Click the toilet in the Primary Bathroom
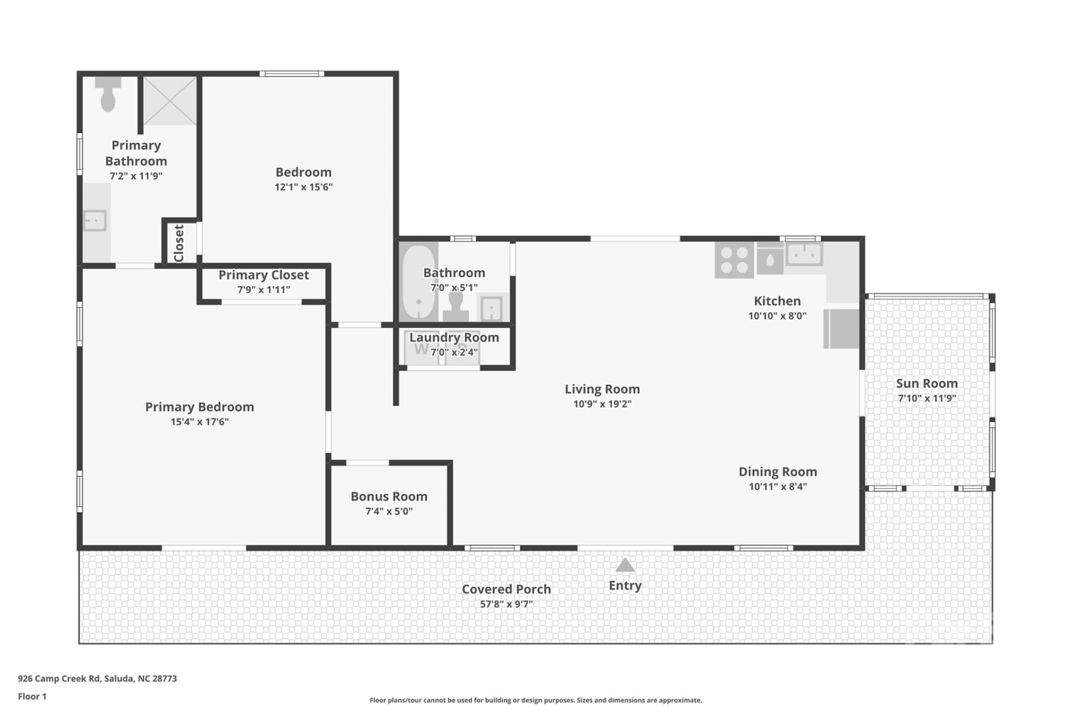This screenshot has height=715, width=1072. coord(108,96)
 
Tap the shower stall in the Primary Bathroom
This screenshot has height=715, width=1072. coord(170,101)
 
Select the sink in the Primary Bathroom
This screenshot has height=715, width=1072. coord(95,221)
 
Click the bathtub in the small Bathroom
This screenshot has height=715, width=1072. coord(418,282)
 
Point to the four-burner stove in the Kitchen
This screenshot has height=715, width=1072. coord(734,260)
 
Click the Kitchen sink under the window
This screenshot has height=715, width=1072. coord(803,255)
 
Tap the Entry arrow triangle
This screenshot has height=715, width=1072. coord(625,565)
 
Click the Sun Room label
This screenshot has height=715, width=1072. coord(927,383)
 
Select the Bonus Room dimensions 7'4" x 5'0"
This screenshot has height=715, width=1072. coord(389,511)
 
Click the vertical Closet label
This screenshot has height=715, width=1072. coord(179,243)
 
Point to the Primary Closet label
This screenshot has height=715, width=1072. coord(264,275)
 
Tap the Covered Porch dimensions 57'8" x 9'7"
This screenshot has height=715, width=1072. coord(506,604)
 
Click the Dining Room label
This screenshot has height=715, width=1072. coord(777,471)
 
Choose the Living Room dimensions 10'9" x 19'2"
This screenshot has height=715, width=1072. coord(602,404)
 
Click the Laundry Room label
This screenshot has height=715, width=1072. coord(454,337)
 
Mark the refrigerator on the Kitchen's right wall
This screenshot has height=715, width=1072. coord(841,328)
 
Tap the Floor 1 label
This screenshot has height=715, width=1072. coord(32,697)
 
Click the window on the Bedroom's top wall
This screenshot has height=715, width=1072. coord(291,74)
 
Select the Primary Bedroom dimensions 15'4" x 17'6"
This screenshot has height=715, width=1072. coord(199,422)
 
